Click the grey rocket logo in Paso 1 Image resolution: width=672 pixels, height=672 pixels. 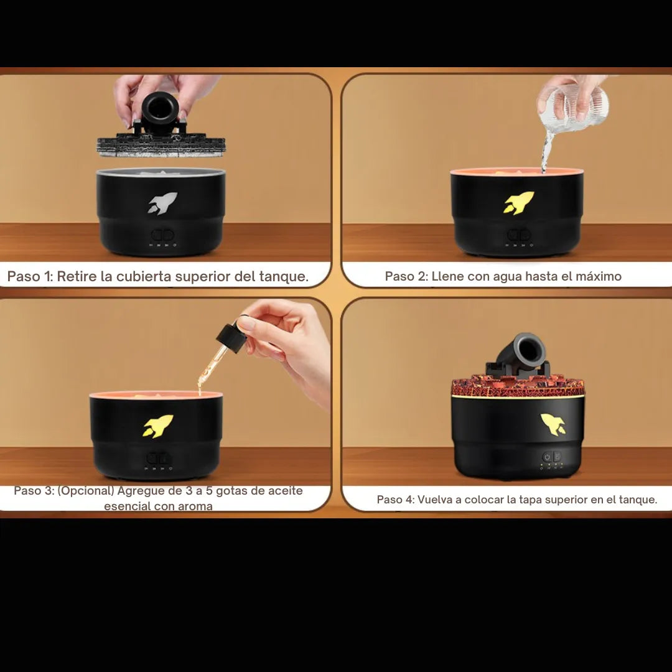162,203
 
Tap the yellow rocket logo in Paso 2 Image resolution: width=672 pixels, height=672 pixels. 518,202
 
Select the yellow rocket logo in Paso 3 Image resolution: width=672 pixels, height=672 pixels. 157,426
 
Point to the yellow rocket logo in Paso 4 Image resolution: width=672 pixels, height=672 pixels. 553,424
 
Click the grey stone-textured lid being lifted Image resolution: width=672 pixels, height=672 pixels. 161,145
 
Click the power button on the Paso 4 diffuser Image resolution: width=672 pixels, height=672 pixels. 547,457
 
